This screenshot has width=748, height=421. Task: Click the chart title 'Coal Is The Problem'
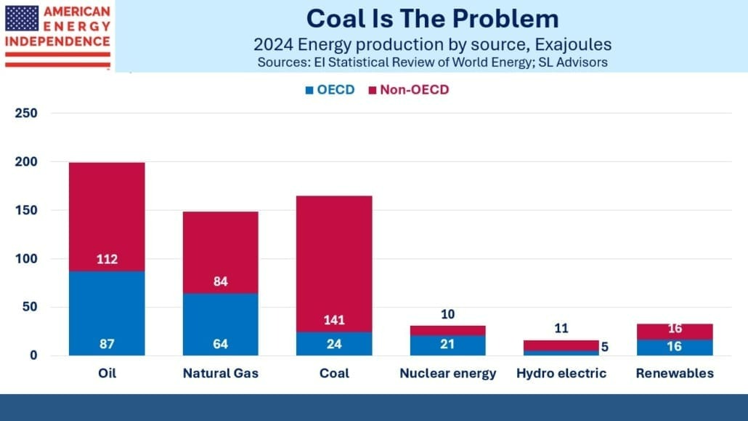pyautogui.click(x=432, y=18)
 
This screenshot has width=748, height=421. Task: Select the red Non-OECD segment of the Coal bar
pyautogui.click(x=334, y=247)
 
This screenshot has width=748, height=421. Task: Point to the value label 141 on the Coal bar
pyautogui.click(x=334, y=321)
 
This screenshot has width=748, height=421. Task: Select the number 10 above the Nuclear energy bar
pyautogui.click(x=447, y=314)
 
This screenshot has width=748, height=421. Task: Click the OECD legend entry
pyautogui.click(x=330, y=90)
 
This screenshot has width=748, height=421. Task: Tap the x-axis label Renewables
pyautogui.click(x=675, y=373)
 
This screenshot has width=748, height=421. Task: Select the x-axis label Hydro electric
pyautogui.click(x=561, y=373)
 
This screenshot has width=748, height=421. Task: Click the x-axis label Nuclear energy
pyautogui.click(x=448, y=373)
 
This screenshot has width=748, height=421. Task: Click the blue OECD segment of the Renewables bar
pyautogui.click(x=675, y=348)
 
